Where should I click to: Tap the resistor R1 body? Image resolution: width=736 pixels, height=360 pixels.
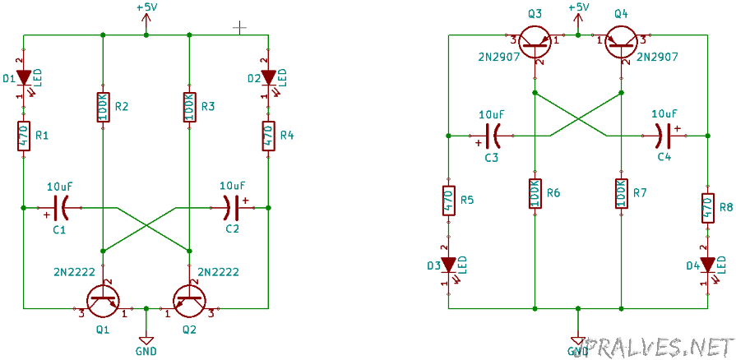pyautogui.click(x=24, y=136)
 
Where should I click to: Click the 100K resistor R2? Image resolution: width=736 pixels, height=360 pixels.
pyautogui.click(x=104, y=107)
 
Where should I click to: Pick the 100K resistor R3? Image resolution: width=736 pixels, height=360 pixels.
pyautogui.click(x=189, y=107)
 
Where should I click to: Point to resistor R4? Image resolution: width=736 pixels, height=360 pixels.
pyautogui.click(x=268, y=136)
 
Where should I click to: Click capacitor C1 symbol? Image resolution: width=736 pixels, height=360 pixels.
pyautogui.click(x=60, y=207)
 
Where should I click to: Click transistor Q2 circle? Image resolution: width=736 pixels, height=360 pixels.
pyautogui.click(x=189, y=300)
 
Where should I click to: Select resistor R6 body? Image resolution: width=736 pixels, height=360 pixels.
pyautogui.click(x=535, y=193)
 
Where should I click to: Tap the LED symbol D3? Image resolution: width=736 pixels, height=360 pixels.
pyautogui.click(x=449, y=265)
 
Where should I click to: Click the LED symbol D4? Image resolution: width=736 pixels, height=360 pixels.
pyautogui.click(x=708, y=265)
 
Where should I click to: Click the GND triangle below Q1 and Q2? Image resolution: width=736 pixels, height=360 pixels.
pyautogui.click(x=146, y=341)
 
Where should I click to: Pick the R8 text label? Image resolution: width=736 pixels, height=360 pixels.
pyautogui.click(x=727, y=207)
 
